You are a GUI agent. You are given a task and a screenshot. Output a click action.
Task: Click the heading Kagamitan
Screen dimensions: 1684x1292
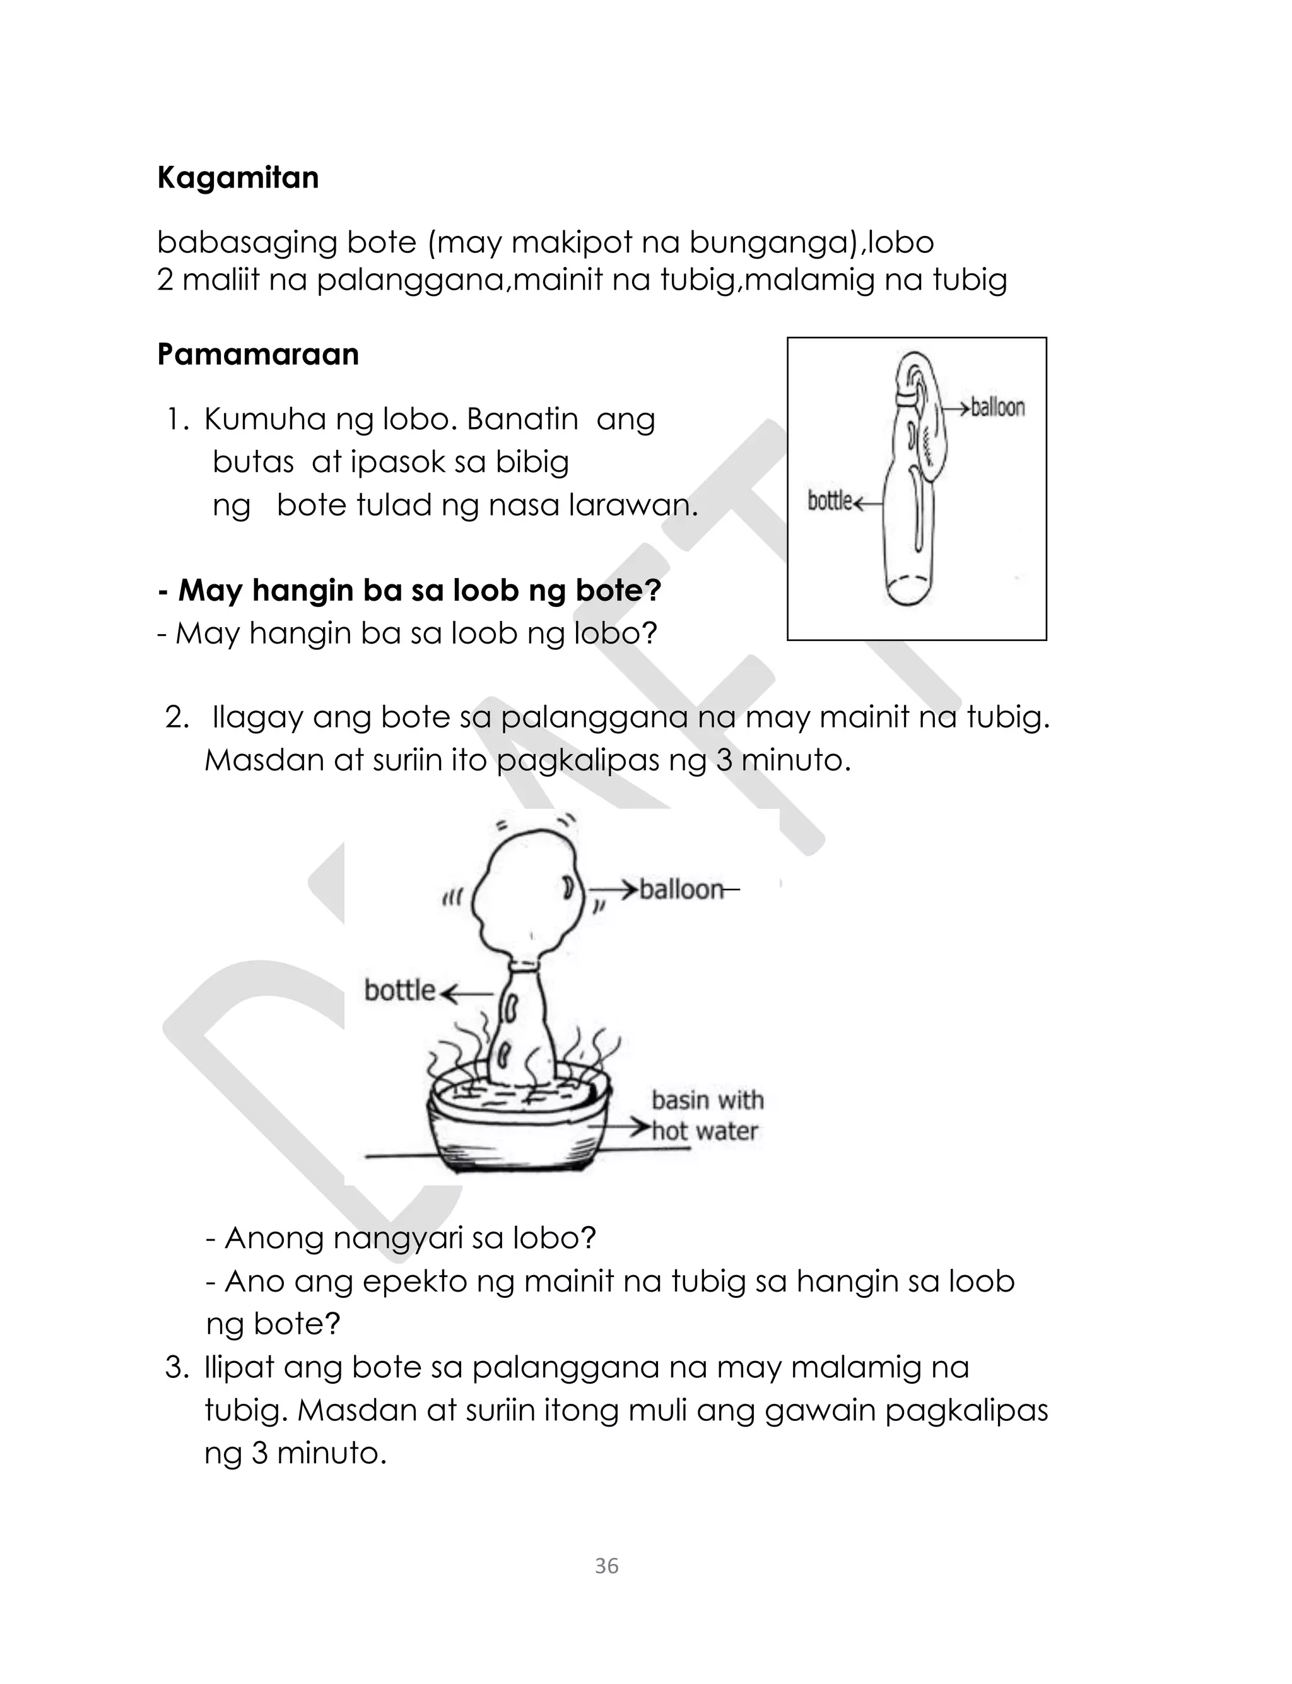(238, 178)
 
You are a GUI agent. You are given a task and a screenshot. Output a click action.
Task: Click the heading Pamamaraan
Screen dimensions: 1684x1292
(257, 355)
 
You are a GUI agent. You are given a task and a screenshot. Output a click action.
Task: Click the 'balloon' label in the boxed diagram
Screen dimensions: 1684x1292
(997, 408)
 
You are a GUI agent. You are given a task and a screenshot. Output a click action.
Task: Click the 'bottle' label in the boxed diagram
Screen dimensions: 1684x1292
(829, 502)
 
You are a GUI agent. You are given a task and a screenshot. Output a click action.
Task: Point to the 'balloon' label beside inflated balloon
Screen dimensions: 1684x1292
(681, 890)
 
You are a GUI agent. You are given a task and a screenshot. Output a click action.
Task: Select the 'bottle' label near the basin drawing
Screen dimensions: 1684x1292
(399, 991)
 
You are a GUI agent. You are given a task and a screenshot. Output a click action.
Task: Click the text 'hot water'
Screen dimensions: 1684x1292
(705, 1131)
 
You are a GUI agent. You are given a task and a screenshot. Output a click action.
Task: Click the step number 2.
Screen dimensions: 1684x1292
(176, 717)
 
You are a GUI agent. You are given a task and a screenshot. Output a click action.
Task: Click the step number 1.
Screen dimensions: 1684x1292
(176, 420)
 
